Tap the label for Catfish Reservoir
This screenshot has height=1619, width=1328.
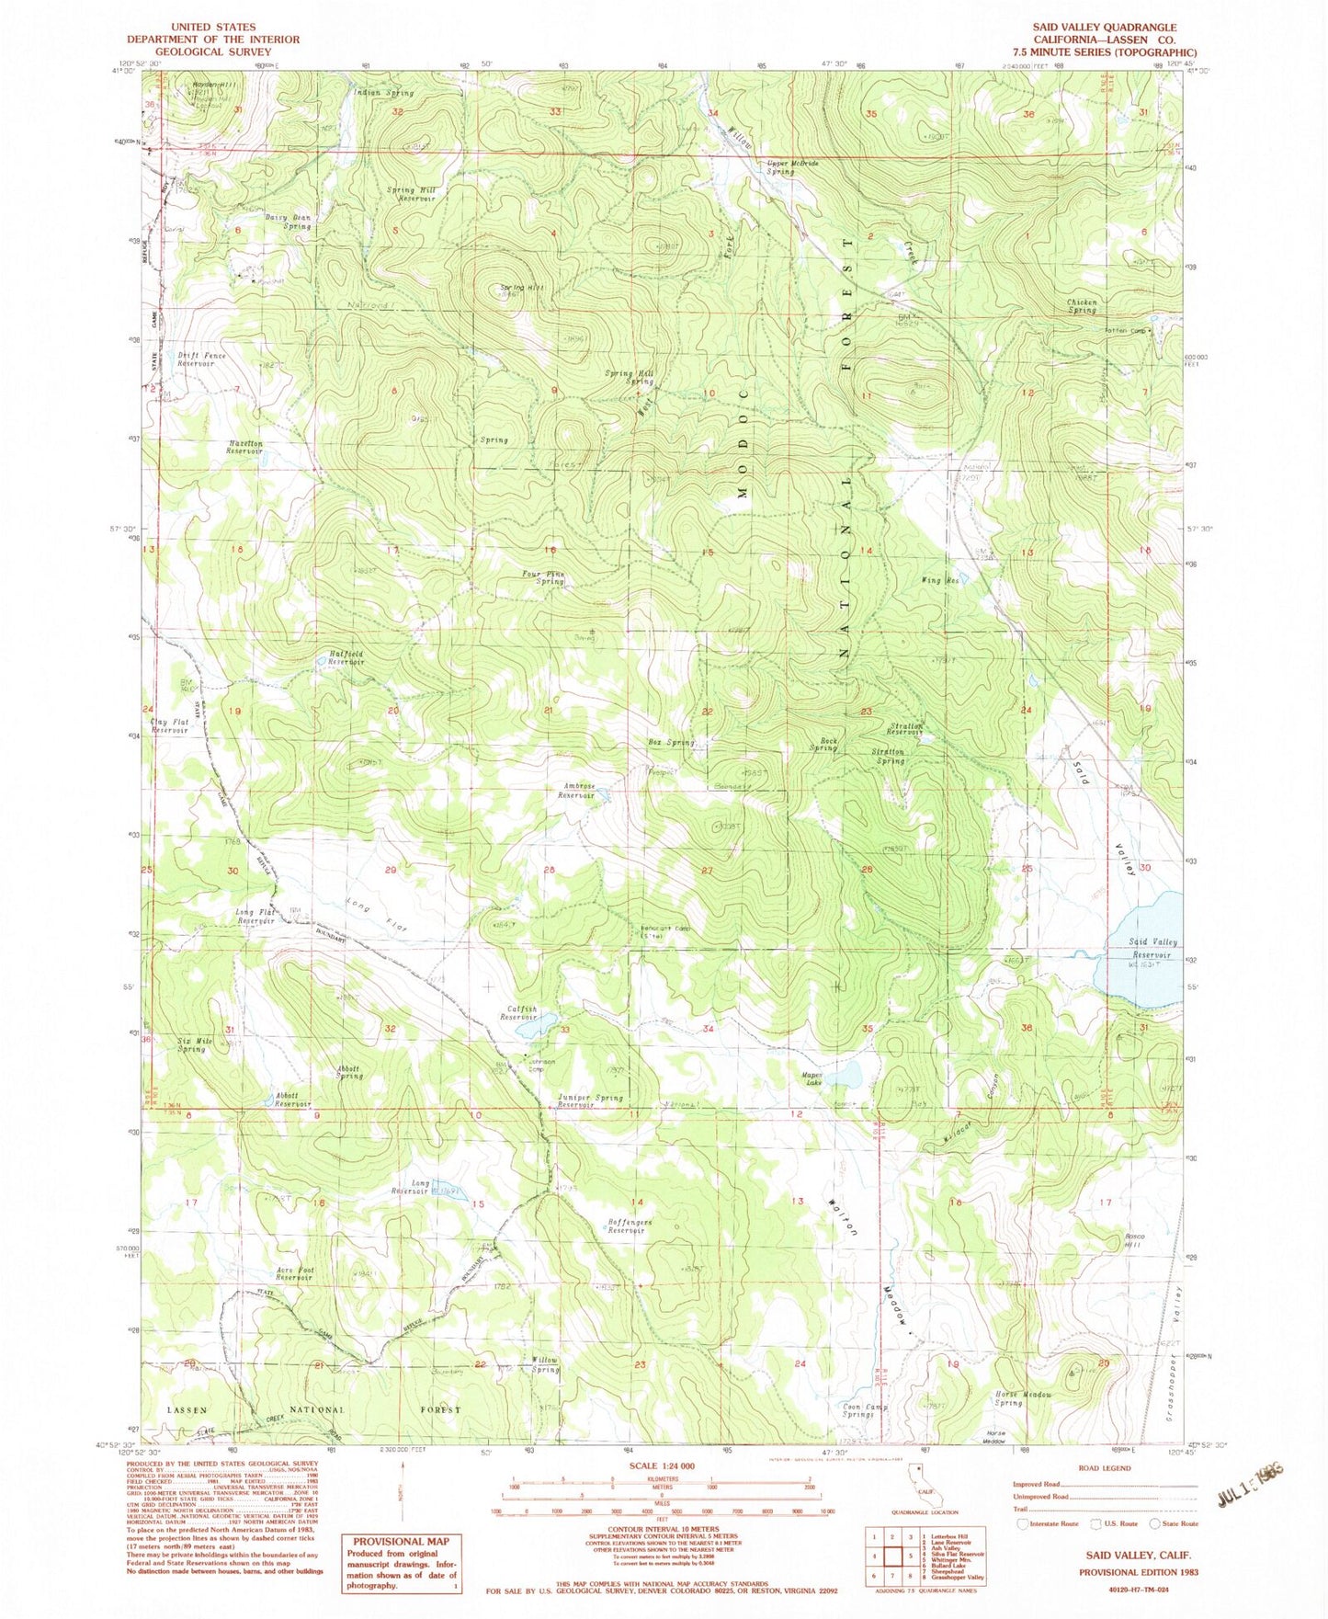518,1013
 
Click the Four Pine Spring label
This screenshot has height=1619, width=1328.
543,578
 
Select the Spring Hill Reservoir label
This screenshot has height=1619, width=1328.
411,194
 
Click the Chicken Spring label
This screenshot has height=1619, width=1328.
1082,306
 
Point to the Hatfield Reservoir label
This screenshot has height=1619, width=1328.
346,658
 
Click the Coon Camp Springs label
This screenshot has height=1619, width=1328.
857,1410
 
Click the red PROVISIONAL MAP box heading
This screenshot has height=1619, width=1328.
402,1542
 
